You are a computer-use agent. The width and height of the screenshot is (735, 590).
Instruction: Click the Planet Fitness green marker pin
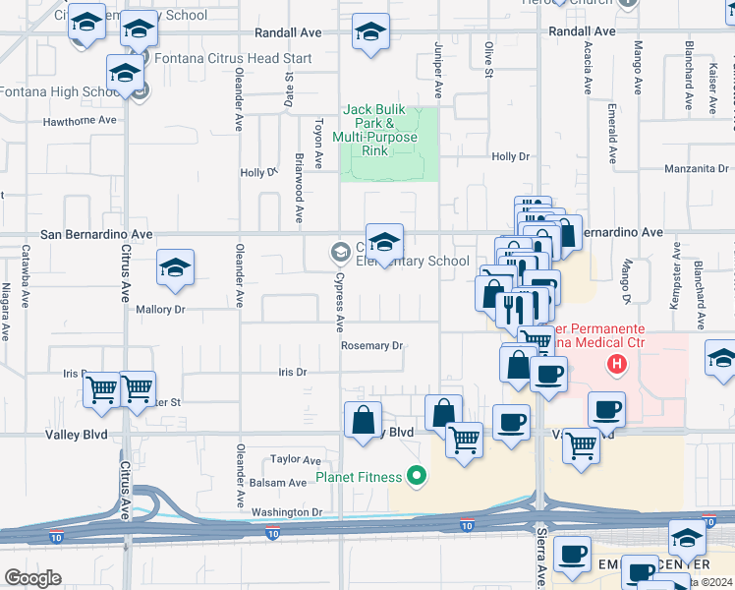click(x=417, y=478)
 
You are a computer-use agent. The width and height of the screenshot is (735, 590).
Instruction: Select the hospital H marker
click(x=617, y=366)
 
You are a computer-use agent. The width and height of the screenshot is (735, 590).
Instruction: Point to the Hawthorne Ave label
click(x=80, y=121)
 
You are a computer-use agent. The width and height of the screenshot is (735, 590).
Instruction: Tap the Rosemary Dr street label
click(x=372, y=346)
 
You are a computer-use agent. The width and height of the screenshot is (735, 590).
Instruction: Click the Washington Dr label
click(x=287, y=512)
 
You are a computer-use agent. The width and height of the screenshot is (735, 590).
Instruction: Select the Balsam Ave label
click(x=278, y=483)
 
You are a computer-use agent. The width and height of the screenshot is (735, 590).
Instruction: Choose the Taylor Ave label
click(x=296, y=459)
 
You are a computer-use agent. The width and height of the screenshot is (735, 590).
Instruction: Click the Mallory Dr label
click(x=160, y=310)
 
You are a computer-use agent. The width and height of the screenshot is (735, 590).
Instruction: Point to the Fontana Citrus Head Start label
click(x=228, y=59)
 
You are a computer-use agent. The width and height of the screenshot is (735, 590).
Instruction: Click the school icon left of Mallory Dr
click(x=175, y=267)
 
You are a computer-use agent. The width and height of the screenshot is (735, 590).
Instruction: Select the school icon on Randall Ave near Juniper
click(x=370, y=32)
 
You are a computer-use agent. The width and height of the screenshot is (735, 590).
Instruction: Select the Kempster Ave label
click(x=674, y=285)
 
